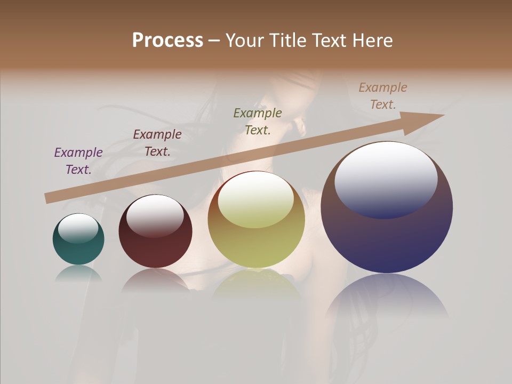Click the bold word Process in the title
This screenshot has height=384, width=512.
[167, 40]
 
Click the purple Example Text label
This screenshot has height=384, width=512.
[78, 161]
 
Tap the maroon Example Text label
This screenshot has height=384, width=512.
[157, 142]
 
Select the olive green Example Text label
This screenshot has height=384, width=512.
[258, 121]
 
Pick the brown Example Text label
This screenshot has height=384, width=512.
[383, 95]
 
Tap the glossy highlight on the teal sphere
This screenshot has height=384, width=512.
[78, 228]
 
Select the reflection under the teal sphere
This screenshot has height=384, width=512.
[78, 273]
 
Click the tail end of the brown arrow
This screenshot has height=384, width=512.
[48, 198]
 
